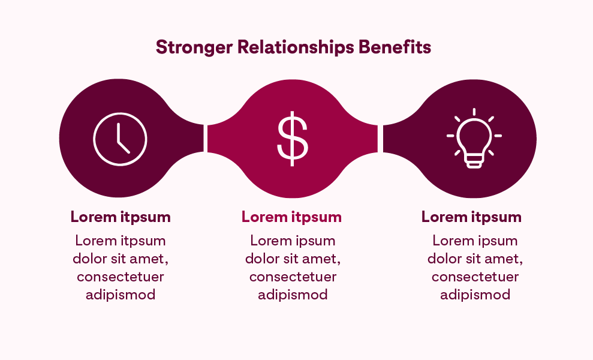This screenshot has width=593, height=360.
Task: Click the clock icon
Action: click(120, 139)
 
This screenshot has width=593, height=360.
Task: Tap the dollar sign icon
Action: click(292, 139)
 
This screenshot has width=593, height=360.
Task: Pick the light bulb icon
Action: click(474, 139)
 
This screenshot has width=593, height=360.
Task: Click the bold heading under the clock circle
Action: click(121, 217)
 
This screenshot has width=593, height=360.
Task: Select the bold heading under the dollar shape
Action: click(291, 217)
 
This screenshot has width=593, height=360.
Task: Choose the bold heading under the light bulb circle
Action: click(471, 217)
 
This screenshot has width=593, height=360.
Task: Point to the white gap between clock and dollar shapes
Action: click(206, 139)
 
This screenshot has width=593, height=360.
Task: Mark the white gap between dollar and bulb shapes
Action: click(380, 139)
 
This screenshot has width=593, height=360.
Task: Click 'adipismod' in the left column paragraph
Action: click(121, 295)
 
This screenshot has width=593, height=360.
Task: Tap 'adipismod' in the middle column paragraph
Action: click(293, 295)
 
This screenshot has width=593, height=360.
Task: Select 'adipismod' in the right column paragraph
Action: click(475, 295)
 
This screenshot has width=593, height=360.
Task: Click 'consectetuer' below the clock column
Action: click(121, 277)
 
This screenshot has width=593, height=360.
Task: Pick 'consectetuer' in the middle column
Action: click(293, 277)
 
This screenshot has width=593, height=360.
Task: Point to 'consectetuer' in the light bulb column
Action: click(475, 277)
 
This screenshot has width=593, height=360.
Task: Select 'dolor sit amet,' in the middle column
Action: click(293, 259)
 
